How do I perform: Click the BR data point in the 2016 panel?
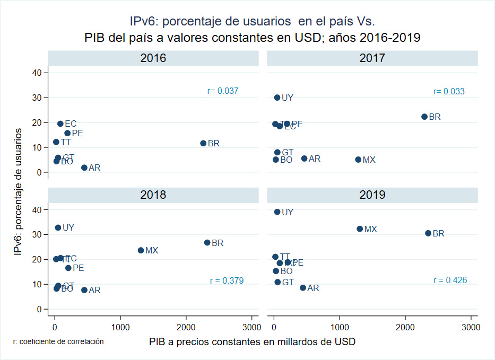click(x=203, y=143)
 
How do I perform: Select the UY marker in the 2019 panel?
click(x=277, y=212)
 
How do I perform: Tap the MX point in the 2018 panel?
click(x=141, y=250)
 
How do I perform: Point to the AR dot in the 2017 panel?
click(x=304, y=159)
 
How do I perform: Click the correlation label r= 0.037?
click(x=223, y=91)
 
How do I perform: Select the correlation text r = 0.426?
click(x=450, y=280)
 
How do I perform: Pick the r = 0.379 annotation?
click(x=227, y=281)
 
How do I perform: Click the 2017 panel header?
click(x=372, y=58)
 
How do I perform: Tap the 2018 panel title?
click(x=153, y=195)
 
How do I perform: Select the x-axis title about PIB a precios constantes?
click(x=252, y=341)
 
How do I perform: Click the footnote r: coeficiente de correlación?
click(x=58, y=342)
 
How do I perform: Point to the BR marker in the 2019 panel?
click(x=428, y=233)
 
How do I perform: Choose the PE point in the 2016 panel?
click(x=67, y=133)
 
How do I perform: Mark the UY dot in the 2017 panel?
click(x=277, y=98)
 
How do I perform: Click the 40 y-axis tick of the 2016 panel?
click(x=38, y=73)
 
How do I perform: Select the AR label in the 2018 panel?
click(x=94, y=291)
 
